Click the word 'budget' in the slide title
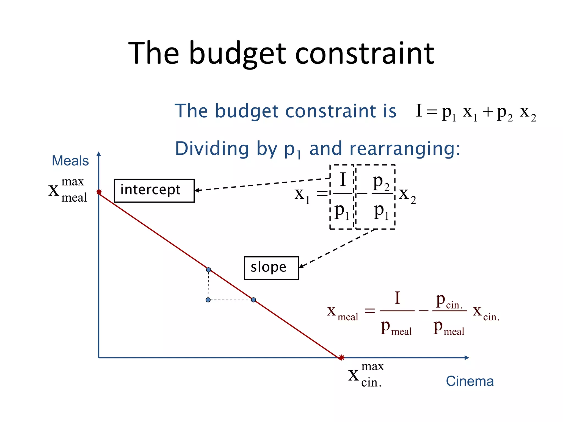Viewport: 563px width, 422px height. point(237,54)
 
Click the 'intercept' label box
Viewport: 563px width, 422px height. point(154,191)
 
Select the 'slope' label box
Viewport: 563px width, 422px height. point(271,268)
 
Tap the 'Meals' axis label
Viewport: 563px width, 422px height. point(70,161)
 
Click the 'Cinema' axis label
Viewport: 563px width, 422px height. point(470,381)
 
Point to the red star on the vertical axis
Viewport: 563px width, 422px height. point(99,192)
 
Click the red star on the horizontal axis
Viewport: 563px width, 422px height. point(341,357)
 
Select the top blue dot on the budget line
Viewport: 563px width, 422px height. point(208,270)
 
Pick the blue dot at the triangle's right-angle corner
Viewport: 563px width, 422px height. point(208,300)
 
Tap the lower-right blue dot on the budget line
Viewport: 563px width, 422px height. point(253,300)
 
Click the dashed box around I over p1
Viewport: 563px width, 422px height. point(342,197)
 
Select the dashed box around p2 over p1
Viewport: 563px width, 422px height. point(376,197)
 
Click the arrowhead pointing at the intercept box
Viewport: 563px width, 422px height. point(197,190)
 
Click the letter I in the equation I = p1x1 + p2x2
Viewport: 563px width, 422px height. point(419,110)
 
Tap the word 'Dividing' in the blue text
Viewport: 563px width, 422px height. point(211,149)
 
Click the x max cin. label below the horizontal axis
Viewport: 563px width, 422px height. point(366,374)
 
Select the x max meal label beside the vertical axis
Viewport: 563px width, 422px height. point(68,190)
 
